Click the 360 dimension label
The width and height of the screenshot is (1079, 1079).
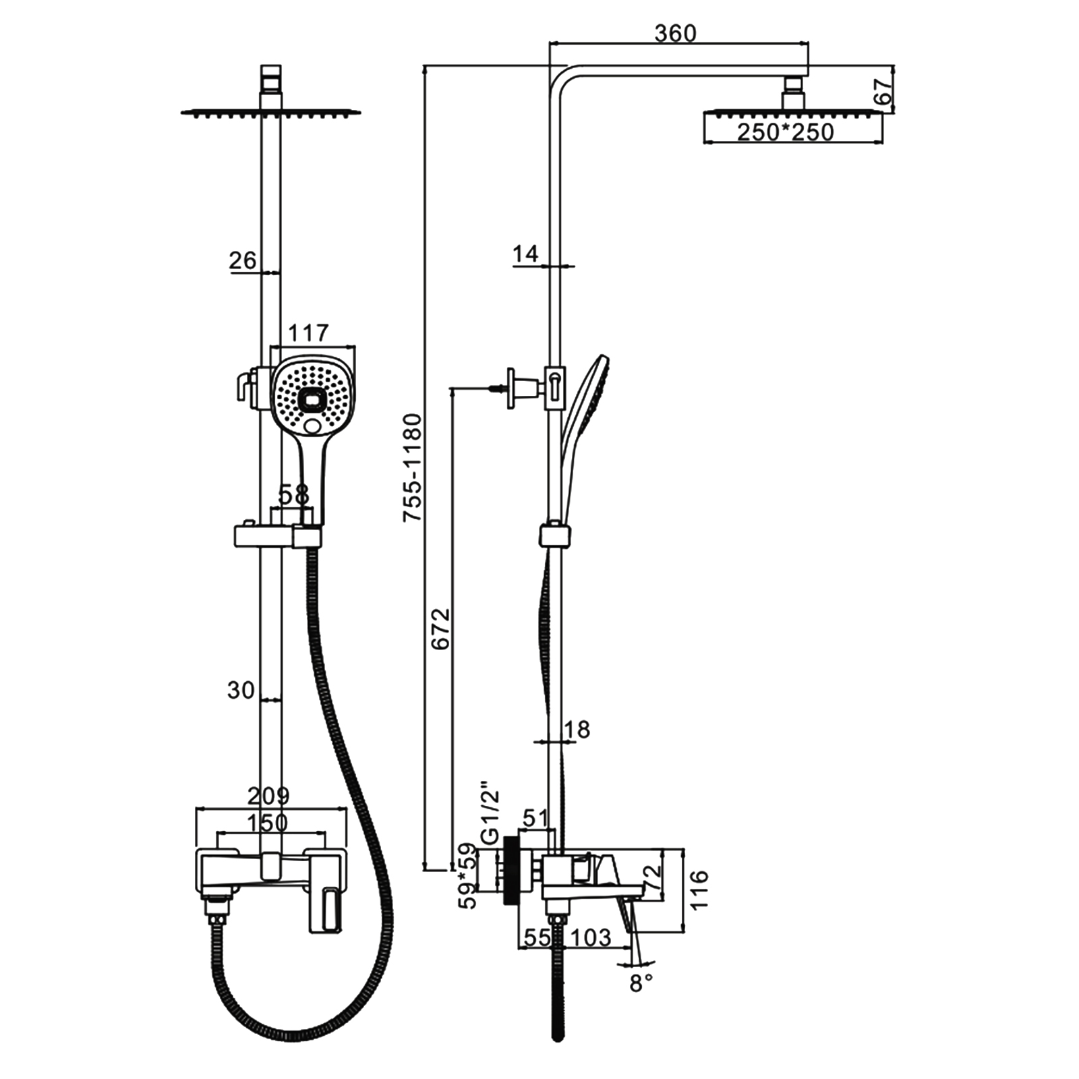pyautogui.click(x=675, y=32)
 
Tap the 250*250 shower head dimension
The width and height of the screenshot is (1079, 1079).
pyautogui.click(x=785, y=132)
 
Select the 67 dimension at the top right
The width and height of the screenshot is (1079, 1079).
pyautogui.click(x=883, y=91)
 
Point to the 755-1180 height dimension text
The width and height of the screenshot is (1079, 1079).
pyautogui.click(x=412, y=467)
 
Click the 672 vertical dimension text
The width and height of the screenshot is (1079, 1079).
pyautogui.click(x=440, y=629)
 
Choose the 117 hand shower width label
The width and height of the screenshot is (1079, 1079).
pyautogui.click(x=308, y=332)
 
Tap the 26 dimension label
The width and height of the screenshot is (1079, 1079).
pyautogui.click(x=243, y=260)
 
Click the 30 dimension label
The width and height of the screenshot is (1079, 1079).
pyautogui.click(x=241, y=690)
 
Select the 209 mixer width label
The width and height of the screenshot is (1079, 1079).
pyautogui.click(x=268, y=796)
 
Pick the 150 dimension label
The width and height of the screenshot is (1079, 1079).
pyautogui.click(x=267, y=823)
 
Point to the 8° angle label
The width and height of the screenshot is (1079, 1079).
pyautogui.click(x=641, y=983)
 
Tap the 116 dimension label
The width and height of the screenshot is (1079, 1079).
pyautogui.click(x=699, y=889)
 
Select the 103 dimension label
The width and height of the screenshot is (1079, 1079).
pyautogui.click(x=591, y=937)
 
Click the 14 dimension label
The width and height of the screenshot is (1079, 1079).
pyautogui.click(x=525, y=254)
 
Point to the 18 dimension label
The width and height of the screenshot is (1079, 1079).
pyautogui.click(x=576, y=729)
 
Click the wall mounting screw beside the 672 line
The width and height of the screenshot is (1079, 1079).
pyautogui.click(x=498, y=387)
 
